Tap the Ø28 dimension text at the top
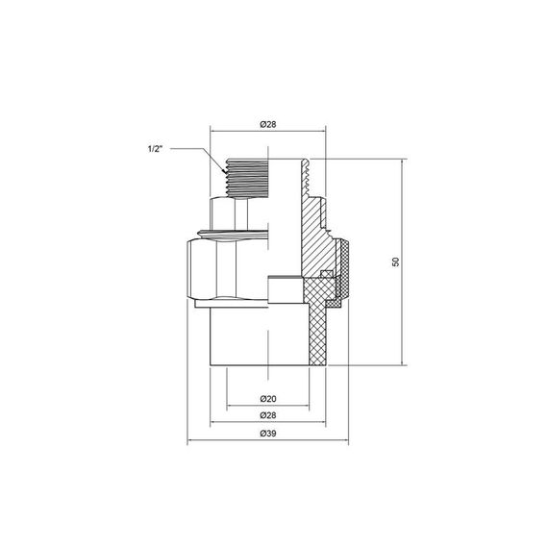269,124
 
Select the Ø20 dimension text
269,398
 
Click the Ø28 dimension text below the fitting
269,414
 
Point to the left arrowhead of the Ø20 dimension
228,406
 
